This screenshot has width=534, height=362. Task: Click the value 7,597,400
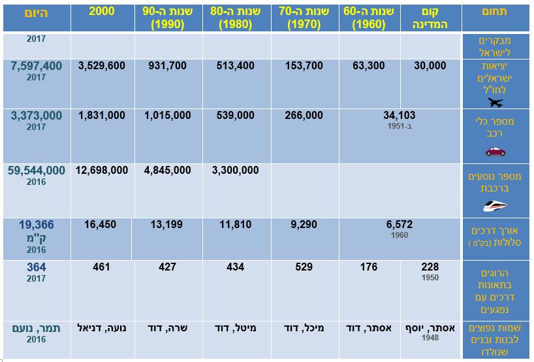click(x=37, y=66)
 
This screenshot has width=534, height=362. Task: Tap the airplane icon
click(x=495, y=103)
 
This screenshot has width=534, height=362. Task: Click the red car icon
click(x=495, y=151)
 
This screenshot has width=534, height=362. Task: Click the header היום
click(x=37, y=12)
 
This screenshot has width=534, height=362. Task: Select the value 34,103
click(x=400, y=115)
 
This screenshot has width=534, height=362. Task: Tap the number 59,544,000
click(x=37, y=171)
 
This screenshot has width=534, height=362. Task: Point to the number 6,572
click(x=400, y=224)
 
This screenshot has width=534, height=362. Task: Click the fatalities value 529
click(x=304, y=267)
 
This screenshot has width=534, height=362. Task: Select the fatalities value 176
click(x=369, y=267)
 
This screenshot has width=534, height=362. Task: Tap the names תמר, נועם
click(x=37, y=327)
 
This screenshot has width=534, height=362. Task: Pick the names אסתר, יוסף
click(x=431, y=327)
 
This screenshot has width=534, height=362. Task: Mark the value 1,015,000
click(x=168, y=115)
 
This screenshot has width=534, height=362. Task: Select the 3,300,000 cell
click(x=235, y=171)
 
